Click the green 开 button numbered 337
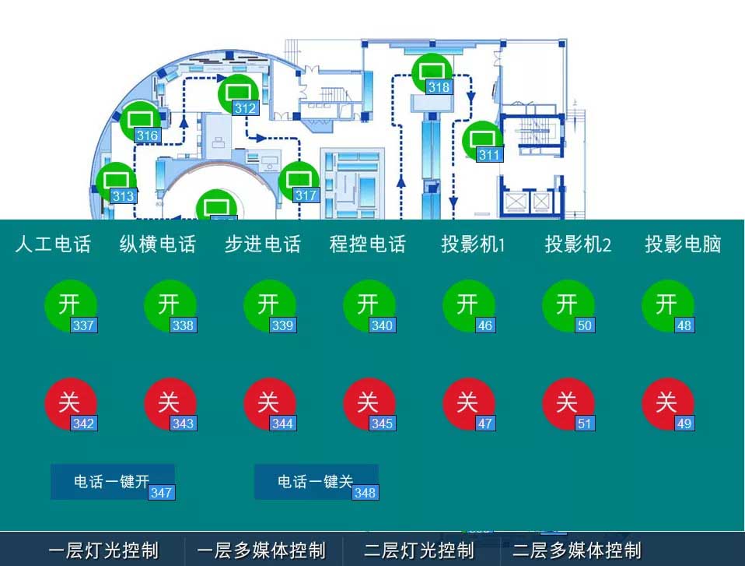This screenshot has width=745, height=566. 70,305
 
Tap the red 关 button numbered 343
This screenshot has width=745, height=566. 170,403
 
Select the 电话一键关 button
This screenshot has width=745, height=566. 316,482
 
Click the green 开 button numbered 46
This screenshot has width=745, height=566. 468,305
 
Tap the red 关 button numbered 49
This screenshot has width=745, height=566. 667,403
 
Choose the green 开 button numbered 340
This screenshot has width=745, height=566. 369,305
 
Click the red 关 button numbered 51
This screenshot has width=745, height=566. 568,403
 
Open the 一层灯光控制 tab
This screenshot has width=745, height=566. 103,550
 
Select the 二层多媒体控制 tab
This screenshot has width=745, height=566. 576,550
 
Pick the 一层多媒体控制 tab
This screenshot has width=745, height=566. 261,550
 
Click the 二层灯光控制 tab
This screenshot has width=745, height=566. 419,550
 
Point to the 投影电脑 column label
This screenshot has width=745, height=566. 683,244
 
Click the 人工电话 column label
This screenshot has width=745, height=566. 53,244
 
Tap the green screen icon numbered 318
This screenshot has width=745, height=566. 432,72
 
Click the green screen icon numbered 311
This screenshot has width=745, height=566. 482,140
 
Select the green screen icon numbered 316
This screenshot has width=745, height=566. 140,121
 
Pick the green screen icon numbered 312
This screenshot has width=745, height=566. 238,93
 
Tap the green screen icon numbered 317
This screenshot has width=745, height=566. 299,181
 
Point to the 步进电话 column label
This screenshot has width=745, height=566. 262,244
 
